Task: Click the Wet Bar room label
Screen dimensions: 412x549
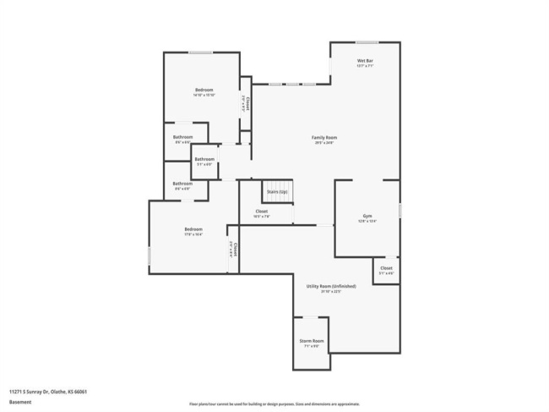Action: [x=365, y=62]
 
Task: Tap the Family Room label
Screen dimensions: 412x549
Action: [x=324, y=139]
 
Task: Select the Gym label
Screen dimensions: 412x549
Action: [x=367, y=217]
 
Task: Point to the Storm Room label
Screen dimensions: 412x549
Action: [x=312, y=342]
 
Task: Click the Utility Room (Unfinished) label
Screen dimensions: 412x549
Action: [x=330, y=288]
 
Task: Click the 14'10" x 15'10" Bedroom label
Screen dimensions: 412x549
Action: [x=204, y=91]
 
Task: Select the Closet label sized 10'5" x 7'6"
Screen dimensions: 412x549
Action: [x=262, y=213]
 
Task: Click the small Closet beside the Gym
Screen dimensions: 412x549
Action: [x=386, y=270]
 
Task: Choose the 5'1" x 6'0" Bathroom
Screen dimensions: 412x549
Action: [x=204, y=161]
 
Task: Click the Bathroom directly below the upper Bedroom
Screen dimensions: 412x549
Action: [x=182, y=139]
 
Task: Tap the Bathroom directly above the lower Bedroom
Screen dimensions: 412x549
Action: [x=182, y=185]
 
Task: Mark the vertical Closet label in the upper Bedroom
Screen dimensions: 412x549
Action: [x=246, y=102]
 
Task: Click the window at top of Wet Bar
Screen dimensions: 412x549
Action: [x=366, y=42]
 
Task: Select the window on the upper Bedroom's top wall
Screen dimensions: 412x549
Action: [x=200, y=53]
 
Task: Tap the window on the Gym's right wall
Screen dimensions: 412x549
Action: [x=400, y=209]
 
